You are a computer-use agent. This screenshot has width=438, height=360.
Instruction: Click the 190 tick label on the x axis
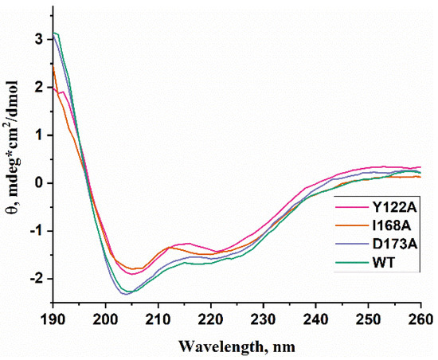pos(53,317)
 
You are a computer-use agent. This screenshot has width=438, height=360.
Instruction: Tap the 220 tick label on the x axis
pos(211,317)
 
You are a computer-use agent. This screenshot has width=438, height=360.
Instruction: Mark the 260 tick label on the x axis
pos(421,317)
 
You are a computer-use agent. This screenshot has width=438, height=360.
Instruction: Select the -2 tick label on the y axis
pos(35,278)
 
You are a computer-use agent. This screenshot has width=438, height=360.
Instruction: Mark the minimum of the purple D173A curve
pos(126,294)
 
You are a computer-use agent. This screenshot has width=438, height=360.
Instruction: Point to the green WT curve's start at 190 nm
pos(54,33)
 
